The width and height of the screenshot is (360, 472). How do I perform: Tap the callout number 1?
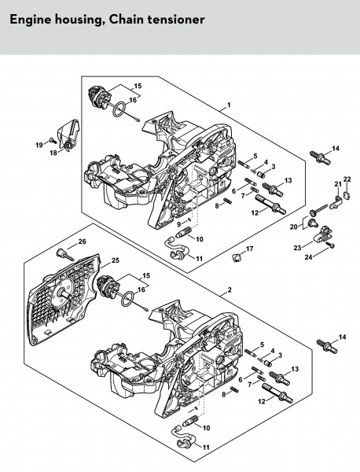(x=229, y=105)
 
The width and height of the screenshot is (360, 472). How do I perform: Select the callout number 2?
(x=230, y=289)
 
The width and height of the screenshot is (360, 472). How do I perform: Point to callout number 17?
(x=250, y=249)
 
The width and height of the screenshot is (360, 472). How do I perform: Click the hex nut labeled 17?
(x=237, y=258)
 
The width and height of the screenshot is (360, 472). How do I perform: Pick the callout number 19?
(x=39, y=145)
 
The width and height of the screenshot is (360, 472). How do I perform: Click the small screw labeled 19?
(x=53, y=140)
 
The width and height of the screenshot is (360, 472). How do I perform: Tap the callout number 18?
(x=53, y=153)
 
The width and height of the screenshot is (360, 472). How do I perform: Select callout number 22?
(x=347, y=179)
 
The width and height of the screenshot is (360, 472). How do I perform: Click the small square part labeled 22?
(x=347, y=195)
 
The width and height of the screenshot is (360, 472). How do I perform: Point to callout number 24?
(x=308, y=257)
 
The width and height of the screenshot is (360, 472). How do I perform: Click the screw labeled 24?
(x=331, y=245)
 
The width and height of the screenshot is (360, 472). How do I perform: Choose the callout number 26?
(x=82, y=242)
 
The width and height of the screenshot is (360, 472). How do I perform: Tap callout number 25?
(x=116, y=260)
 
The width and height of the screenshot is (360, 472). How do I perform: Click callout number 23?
(x=297, y=248)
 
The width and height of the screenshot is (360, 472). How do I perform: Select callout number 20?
(x=293, y=227)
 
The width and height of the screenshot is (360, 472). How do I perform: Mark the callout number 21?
(x=338, y=184)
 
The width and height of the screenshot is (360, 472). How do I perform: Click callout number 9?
(x=178, y=224)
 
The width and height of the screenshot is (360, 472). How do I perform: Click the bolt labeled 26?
(x=64, y=254)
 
